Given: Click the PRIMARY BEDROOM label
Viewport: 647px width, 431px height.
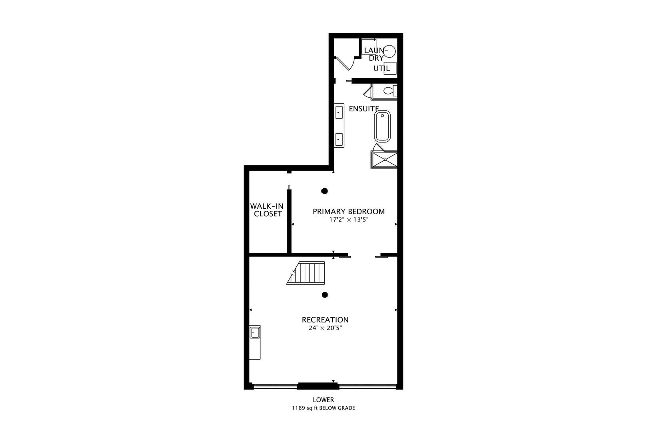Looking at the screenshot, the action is tap(349, 212).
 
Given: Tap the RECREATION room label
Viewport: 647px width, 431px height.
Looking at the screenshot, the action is tap(325, 320).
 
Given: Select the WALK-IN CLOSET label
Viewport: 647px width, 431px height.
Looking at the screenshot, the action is tap(267, 210).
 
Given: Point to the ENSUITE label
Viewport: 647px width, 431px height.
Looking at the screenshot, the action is tap(364, 109).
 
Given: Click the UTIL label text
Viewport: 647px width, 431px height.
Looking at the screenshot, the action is tap(381, 68).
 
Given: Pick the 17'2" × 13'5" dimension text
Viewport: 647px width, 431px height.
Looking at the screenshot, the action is tap(349, 219).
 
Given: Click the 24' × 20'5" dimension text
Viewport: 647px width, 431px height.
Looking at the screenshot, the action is tap(325, 328).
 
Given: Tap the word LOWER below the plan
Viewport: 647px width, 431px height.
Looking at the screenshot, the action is tap(323, 400).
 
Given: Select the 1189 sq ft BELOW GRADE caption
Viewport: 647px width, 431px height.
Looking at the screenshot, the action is tap(323, 408).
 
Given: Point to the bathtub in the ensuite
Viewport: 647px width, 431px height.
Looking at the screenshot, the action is tap(383, 126).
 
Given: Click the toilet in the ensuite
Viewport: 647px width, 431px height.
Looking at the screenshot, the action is tap(390, 91).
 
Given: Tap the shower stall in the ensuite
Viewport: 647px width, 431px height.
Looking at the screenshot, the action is tap(384, 160).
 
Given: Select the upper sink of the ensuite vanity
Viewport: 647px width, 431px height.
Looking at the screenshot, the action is tap(339, 112).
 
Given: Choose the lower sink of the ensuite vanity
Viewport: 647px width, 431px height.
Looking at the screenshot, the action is tap(339, 140).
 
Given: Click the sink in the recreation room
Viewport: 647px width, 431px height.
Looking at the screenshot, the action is tap(255, 332).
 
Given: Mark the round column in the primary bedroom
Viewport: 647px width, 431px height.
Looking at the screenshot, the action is tap(324, 191).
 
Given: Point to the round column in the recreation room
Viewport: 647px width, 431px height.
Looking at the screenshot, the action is tap(325, 295).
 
